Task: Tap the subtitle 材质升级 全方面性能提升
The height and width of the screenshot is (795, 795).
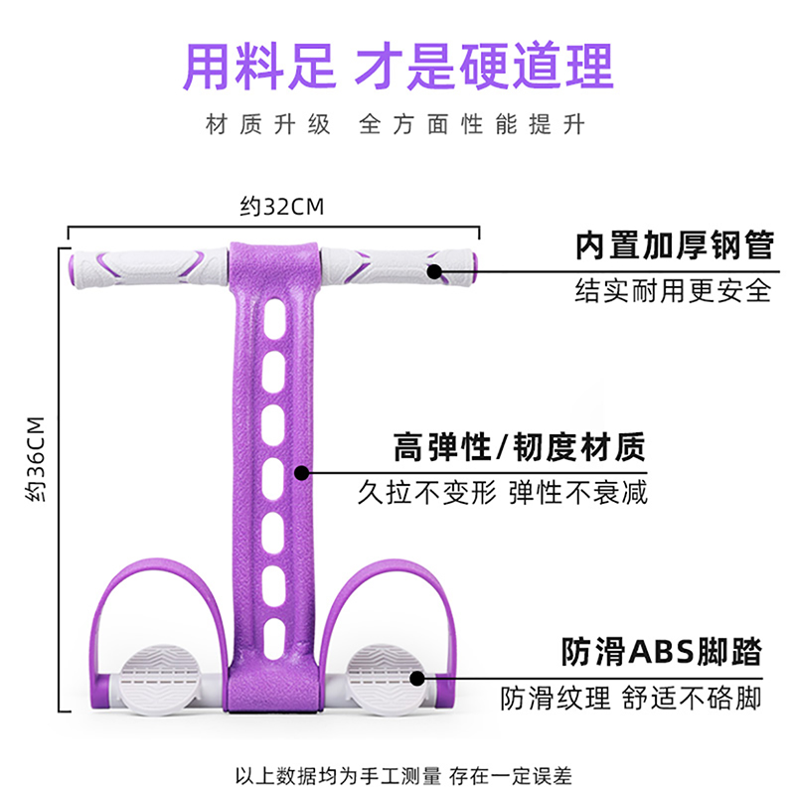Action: click(x=396, y=125)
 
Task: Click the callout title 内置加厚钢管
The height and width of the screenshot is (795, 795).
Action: click(x=673, y=246)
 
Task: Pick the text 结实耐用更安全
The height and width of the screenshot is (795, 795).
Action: click(x=673, y=290)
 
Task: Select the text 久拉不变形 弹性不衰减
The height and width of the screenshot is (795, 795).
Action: click(x=503, y=492)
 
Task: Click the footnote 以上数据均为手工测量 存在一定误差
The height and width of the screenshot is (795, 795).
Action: click(x=397, y=774)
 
